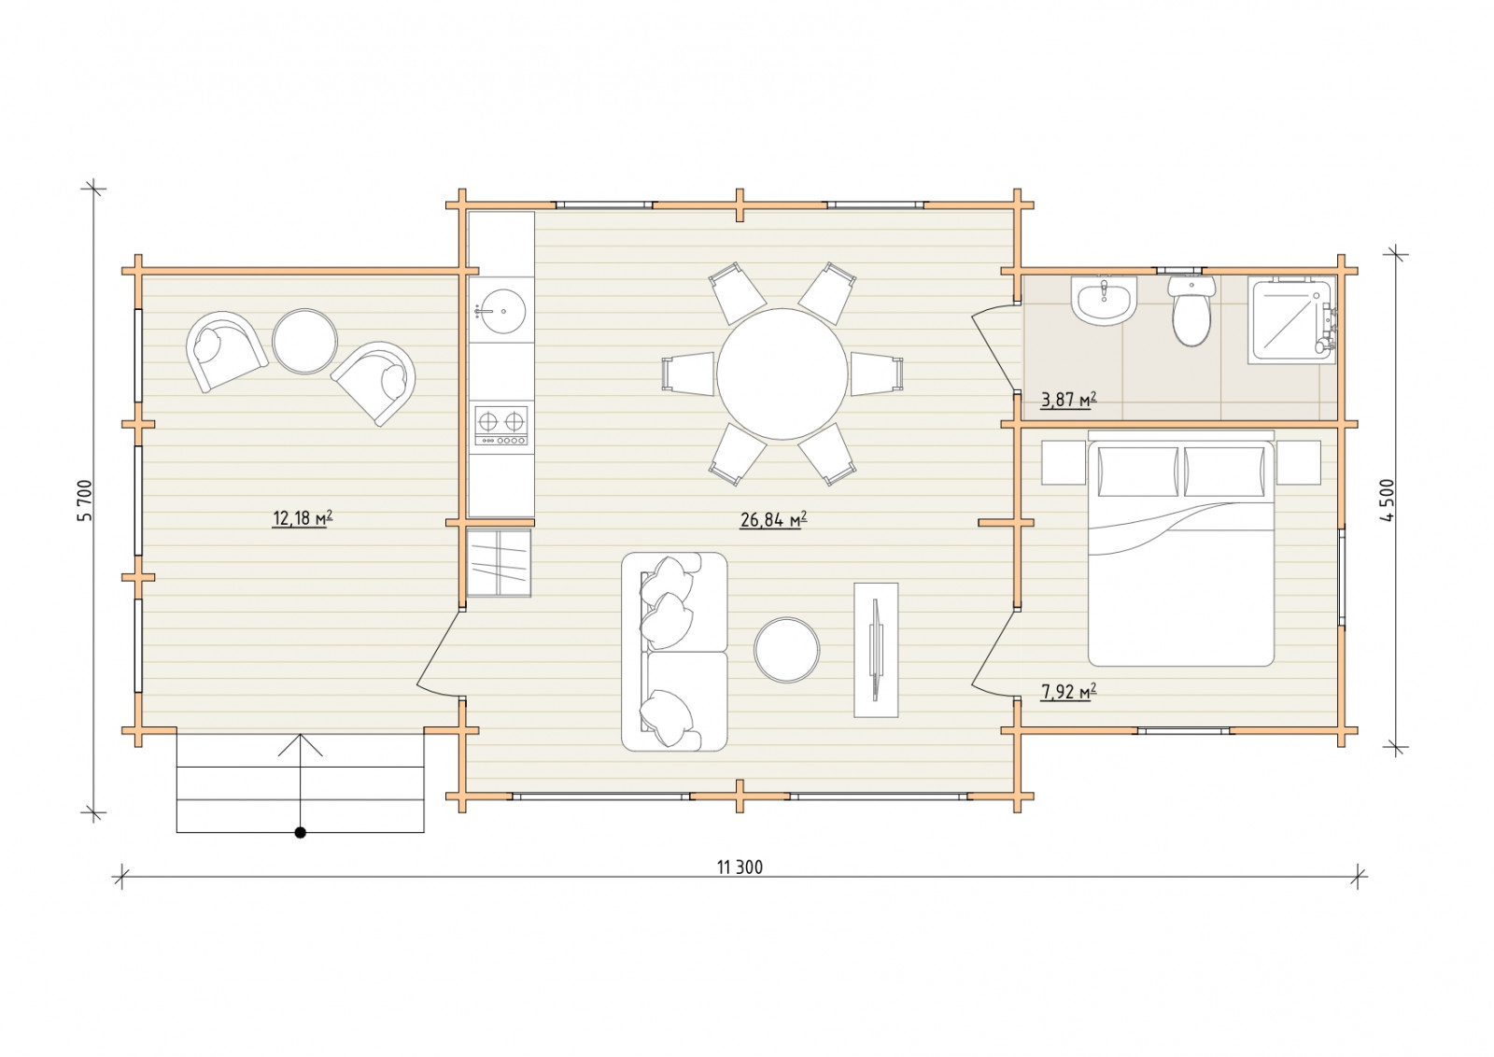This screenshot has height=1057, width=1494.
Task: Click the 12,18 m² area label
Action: [303, 518]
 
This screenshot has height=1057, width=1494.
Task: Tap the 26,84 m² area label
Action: [774, 519]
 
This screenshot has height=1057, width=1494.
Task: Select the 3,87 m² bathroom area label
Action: [1068, 400]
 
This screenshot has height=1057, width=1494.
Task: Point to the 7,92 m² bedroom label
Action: [1068, 692]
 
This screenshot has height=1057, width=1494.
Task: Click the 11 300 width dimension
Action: [740, 867]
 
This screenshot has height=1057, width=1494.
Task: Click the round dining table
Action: [783, 374]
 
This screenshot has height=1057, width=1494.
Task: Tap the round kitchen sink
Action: [500, 311]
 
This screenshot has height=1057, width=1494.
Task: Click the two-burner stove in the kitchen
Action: [500, 426]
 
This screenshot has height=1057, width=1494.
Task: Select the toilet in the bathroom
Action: [1191, 312]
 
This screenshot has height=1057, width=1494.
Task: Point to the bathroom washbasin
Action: [1103, 302]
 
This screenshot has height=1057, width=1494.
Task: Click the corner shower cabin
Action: [1293, 321]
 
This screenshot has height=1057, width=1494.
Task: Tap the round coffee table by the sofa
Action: [787, 650]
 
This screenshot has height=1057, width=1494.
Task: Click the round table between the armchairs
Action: [304, 341]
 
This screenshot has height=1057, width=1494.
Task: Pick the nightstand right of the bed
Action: [1298, 462]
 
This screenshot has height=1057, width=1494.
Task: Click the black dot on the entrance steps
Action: [300, 832]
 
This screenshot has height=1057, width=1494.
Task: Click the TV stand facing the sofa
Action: [876, 650]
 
